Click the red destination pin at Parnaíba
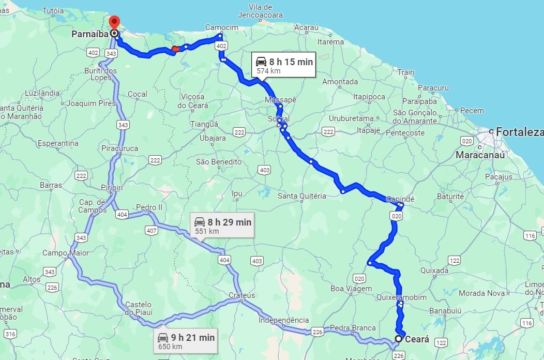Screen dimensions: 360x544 (x=114, y=23)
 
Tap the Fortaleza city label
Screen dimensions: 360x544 (x=519, y=132)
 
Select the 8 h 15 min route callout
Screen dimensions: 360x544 (x=284, y=65)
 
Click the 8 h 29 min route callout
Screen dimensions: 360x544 (x=223, y=226)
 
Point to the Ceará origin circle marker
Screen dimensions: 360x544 (x=398, y=339)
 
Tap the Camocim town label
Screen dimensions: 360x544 (x=221, y=27)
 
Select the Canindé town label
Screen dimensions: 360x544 (x=400, y=199)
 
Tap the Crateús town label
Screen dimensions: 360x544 (x=242, y=295)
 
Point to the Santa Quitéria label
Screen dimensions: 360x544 (x=302, y=196)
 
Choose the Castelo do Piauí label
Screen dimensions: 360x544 (x=138, y=308)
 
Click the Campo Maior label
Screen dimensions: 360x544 (x=66, y=253)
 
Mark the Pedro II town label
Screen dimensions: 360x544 (x=149, y=207)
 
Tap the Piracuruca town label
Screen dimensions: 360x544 (x=120, y=148)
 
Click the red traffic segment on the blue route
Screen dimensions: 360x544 (x=175, y=49)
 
